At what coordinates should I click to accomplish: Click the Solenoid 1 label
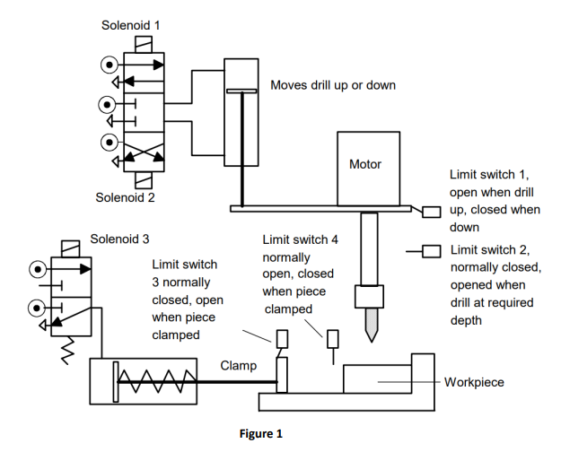pyautogui.click(x=131, y=25)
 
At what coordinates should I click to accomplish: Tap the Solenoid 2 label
pyautogui.click(x=126, y=197)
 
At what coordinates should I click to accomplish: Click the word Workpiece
pyautogui.click(x=475, y=382)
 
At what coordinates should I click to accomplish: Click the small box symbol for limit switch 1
pyautogui.click(x=432, y=212)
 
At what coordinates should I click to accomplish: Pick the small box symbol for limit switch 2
pyautogui.click(x=432, y=251)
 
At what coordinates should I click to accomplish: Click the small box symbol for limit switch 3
pyautogui.click(x=281, y=340)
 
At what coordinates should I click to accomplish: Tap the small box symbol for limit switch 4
pyautogui.click(x=334, y=340)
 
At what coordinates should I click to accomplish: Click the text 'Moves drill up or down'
pyautogui.click(x=333, y=85)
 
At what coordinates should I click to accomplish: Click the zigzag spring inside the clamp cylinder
pyautogui.click(x=158, y=383)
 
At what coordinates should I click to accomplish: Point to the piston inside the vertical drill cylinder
pyautogui.click(x=241, y=91)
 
